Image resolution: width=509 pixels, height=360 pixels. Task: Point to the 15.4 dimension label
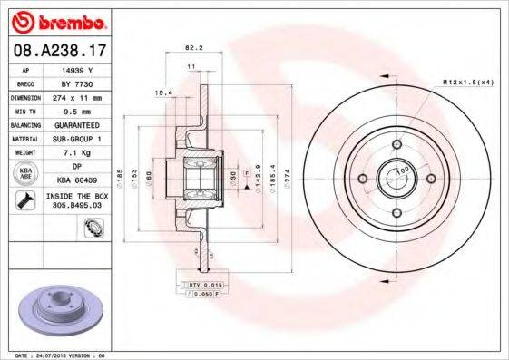pyautogui.click(x=164, y=92)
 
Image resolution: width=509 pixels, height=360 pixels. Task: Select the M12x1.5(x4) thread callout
pyautogui.click(x=467, y=83)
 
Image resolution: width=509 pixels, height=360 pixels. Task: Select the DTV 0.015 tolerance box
pyautogui.click(x=203, y=284)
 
